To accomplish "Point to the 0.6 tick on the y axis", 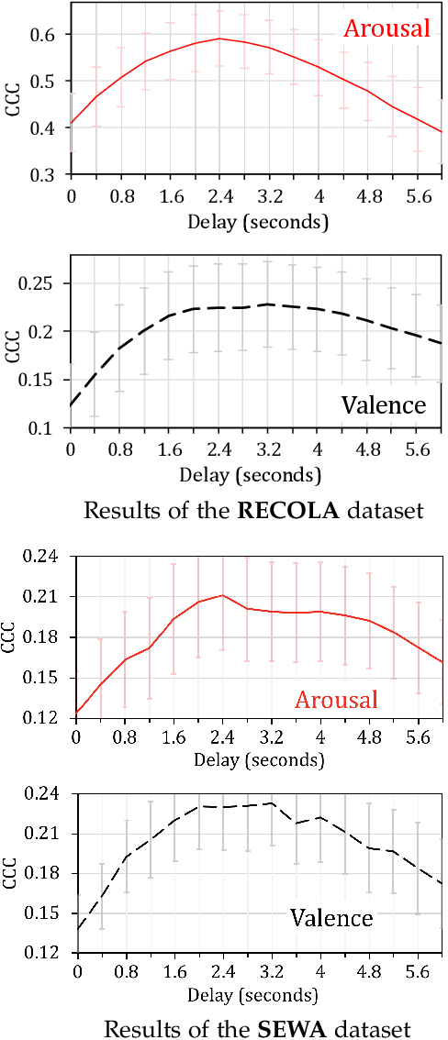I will tap(44, 34).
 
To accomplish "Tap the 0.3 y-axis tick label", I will tap(44, 174).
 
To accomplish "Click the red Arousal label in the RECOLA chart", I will tap(386, 28).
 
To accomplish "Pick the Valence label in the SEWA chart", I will tap(331, 917).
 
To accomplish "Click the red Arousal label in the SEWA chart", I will tap(336, 700).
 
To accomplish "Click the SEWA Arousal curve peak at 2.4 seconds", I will tap(222, 595).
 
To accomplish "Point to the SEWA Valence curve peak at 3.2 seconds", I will tap(272, 803).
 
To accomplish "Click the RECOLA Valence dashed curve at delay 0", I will tap(72, 404).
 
